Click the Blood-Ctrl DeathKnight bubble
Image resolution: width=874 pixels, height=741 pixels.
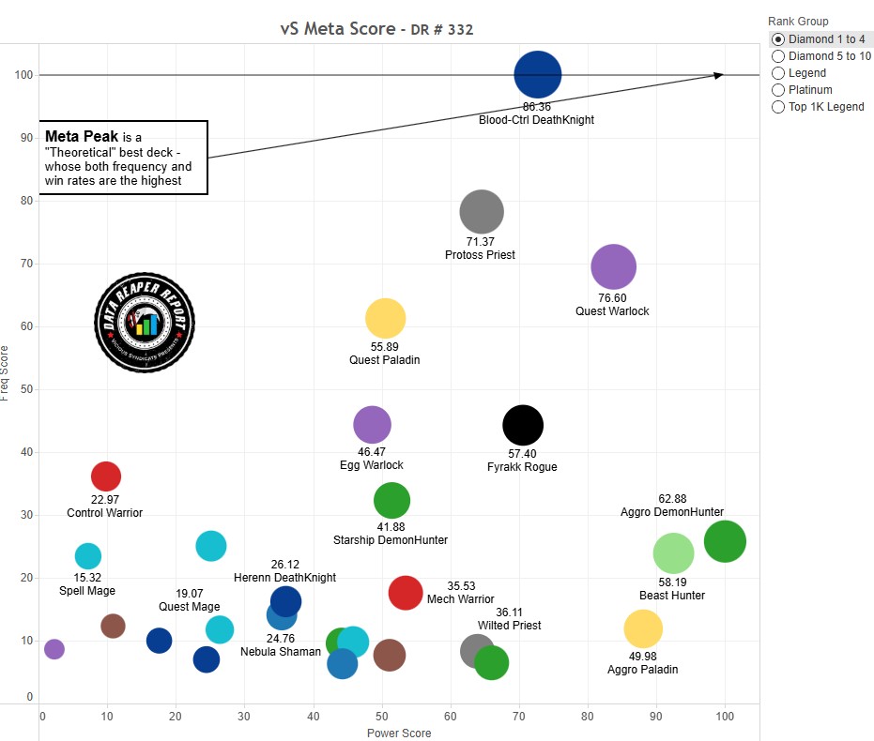click(538, 75)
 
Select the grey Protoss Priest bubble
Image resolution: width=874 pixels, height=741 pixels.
click(482, 212)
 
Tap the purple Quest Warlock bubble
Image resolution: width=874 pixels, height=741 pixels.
click(614, 267)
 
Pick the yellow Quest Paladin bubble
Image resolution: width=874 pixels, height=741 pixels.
click(385, 319)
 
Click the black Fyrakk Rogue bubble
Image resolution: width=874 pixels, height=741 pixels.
click(523, 425)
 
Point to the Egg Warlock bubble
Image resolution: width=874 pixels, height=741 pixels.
click(372, 425)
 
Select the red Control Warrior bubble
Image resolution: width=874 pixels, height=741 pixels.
click(105, 476)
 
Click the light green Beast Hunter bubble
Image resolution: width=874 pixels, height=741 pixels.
click(673, 552)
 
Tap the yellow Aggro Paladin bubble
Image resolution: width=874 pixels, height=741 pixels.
click(643, 628)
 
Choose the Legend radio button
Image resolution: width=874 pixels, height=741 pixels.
click(778, 73)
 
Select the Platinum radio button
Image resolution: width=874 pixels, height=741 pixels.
click(778, 90)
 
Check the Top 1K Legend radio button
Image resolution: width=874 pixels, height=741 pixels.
click(778, 107)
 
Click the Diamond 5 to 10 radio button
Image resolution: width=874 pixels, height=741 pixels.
click(778, 56)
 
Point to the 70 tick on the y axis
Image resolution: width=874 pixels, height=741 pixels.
click(25, 264)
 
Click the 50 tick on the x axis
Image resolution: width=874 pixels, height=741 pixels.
click(382, 716)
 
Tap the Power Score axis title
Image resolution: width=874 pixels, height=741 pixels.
click(399, 733)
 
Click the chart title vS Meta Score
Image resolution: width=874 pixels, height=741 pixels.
click(337, 29)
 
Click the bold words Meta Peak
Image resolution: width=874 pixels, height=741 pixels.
click(82, 136)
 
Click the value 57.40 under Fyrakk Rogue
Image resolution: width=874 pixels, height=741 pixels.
click(522, 453)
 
